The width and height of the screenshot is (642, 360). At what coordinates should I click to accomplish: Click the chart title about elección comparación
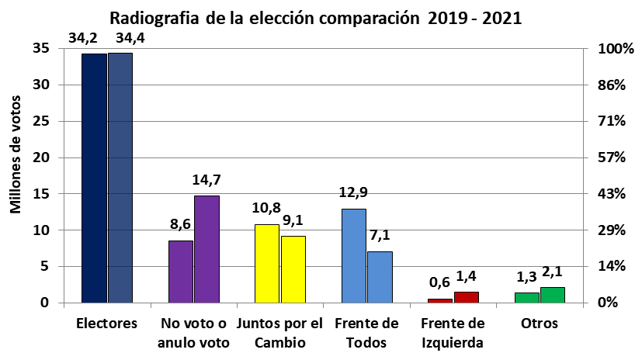click(315, 18)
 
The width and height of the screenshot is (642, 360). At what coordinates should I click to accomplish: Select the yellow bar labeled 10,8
click(267, 263)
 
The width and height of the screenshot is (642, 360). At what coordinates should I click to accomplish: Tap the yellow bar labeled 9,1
click(293, 269)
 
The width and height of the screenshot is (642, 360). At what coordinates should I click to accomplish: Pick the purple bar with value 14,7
click(206, 249)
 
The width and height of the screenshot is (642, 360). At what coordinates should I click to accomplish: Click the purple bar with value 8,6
click(181, 271)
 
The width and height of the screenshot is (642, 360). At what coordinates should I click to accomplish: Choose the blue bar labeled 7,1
click(380, 276)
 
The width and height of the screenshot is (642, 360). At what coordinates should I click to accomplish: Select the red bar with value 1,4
click(466, 297)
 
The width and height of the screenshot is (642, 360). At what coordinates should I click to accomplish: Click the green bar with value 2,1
click(552, 295)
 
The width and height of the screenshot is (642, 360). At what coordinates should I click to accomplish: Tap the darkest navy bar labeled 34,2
click(94, 178)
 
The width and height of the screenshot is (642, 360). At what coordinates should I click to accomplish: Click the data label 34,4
click(120, 38)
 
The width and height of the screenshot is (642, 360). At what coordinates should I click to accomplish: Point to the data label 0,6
click(439, 284)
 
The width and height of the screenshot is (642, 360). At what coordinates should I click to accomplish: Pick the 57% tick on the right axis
click(609, 157)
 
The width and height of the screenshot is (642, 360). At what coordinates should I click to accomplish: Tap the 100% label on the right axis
click(613, 49)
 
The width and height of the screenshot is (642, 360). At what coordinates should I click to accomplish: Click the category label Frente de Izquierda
click(453, 332)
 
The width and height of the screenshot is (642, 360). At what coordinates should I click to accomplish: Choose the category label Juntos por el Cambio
click(279, 332)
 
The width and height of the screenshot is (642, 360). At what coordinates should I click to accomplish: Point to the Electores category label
click(107, 323)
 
